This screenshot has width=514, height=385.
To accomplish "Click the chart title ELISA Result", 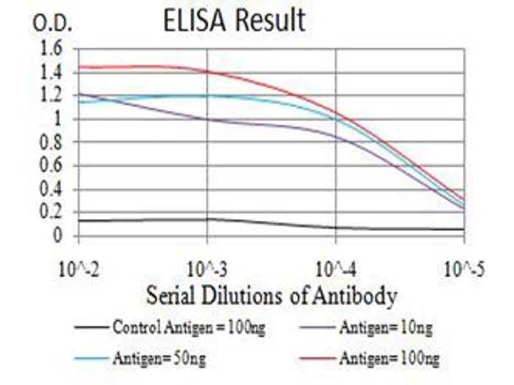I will click(x=235, y=21).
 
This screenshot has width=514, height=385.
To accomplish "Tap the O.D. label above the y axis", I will click(x=53, y=24).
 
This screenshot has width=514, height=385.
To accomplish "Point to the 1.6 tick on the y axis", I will click(x=51, y=49).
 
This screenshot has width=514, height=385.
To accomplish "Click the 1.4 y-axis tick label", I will click(x=51, y=73).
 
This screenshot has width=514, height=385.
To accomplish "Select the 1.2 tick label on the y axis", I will click(x=51, y=96).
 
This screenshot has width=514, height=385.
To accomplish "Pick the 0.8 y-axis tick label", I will click(x=51, y=142).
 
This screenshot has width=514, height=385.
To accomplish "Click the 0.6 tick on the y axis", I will click(x=51, y=166).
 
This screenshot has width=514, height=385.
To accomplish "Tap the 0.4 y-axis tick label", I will click(x=51, y=189).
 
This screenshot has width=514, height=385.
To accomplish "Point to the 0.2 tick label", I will click(x=51, y=212).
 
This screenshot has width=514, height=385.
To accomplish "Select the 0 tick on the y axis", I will click(x=58, y=236).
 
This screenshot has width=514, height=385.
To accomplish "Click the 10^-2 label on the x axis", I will click(x=78, y=268).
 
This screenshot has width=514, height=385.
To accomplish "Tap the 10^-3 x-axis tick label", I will click(x=207, y=268).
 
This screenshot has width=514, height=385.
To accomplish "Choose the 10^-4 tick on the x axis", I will click(x=336, y=268).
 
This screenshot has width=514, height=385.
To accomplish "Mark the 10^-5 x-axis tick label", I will click(x=464, y=268).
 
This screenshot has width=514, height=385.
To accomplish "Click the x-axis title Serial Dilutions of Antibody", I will click(x=271, y=296).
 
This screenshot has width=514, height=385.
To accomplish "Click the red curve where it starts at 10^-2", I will click(x=79, y=67).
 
